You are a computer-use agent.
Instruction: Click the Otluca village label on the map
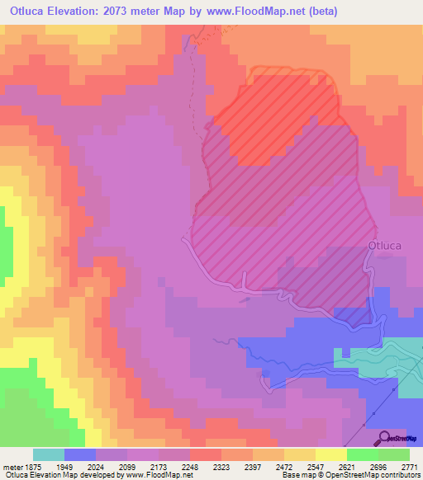[385, 245]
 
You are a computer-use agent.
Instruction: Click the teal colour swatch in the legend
[49, 454]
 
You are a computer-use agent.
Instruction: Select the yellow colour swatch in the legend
[330, 454]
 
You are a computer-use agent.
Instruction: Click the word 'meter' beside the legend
[12, 466]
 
